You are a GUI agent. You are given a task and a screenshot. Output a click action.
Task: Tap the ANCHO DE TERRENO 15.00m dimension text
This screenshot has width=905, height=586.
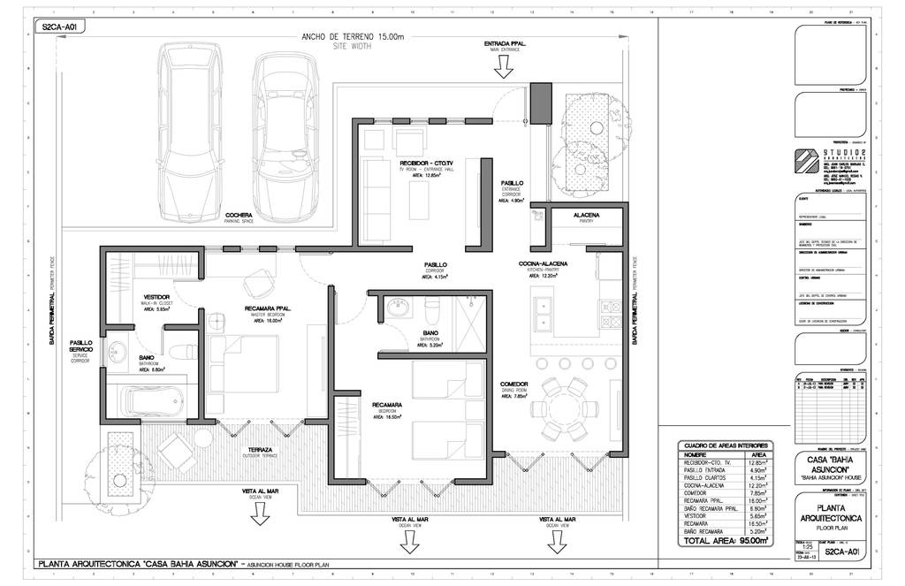click(352, 36)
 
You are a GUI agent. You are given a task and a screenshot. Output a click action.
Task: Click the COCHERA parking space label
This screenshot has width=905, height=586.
click(240, 215)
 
